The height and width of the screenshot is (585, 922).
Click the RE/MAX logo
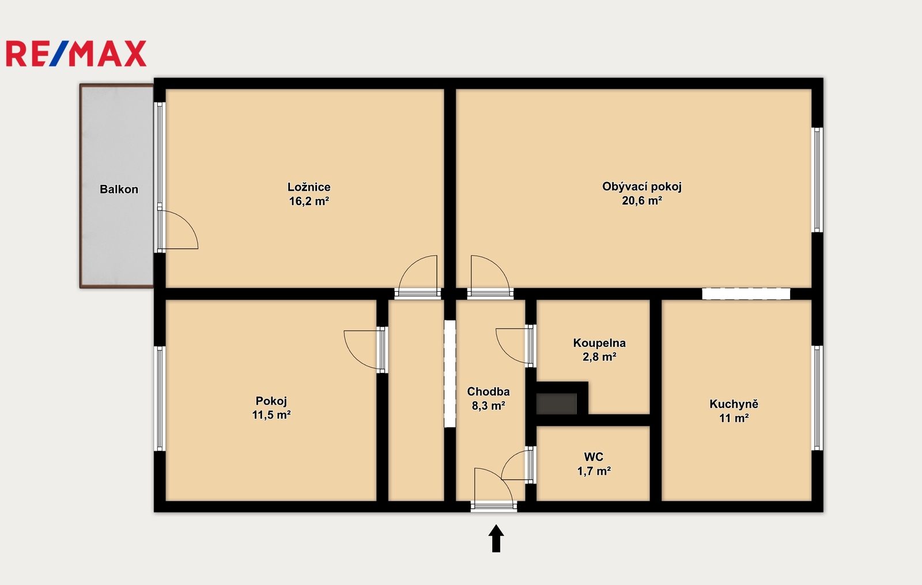76,54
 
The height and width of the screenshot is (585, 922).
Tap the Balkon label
119,190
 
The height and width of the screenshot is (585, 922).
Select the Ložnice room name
309,187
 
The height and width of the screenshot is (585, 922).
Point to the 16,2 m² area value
309,201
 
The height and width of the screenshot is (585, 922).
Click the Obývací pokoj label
642,187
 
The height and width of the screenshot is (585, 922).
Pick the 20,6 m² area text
642,201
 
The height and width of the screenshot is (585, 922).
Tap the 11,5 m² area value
271,414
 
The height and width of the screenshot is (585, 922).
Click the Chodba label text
488,391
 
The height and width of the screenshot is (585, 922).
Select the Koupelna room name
599,342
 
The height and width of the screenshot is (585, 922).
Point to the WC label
594,457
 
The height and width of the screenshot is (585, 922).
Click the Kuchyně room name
734,404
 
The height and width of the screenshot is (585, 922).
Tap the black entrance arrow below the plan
496,538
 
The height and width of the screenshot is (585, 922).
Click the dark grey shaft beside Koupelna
557,403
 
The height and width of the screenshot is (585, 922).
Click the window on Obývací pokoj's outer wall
818,180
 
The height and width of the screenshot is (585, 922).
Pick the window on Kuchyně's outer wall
818,398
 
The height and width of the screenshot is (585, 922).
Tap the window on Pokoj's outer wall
160,398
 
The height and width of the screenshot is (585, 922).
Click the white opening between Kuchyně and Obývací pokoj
746,293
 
